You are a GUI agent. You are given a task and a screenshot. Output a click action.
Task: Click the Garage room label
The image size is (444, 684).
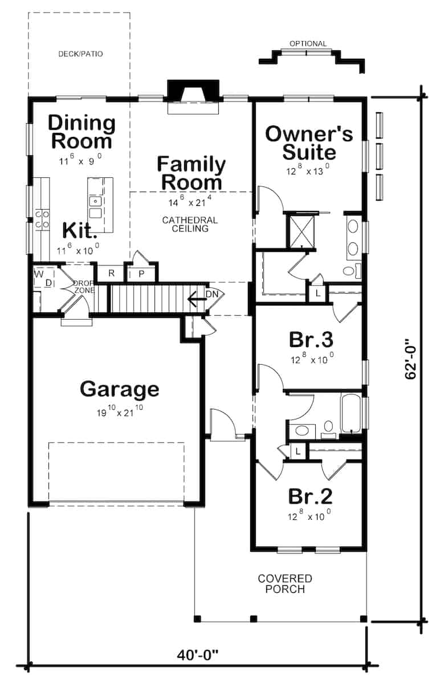(119, 389)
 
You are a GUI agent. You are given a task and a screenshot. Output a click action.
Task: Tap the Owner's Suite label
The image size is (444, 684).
(309, 143)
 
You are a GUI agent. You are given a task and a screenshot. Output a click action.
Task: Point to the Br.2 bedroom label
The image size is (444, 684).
(310, 496)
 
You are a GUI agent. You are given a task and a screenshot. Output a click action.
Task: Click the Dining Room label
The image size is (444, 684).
(80, 132)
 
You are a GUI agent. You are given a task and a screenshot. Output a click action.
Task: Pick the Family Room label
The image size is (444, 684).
(191, 173)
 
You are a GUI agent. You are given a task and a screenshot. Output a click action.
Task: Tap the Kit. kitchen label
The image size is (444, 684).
(80, 231)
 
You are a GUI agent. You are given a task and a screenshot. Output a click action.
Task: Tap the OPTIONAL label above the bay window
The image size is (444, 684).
(308, 44)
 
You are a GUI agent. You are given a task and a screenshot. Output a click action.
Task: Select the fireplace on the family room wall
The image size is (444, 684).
(193, 94)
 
